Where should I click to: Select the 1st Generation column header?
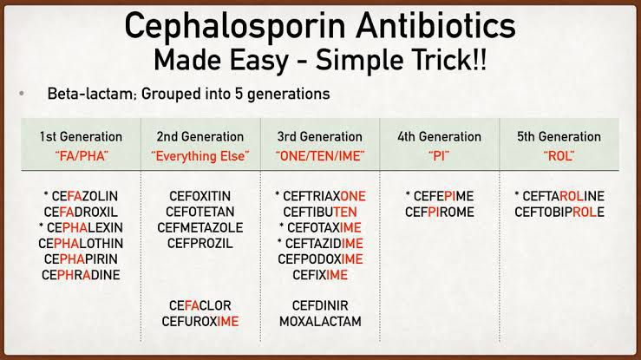tap(81, 137)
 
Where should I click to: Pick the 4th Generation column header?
tap(439, 137)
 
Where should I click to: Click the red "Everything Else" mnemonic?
tap(200, 156)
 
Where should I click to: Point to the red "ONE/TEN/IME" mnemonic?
tap(320, 156)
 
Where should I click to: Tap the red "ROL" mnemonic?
tap(559, 156)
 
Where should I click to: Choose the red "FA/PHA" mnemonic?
tap(81, 156)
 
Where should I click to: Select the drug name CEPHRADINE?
tap(81, 275)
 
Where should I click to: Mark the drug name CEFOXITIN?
tap(200, 195)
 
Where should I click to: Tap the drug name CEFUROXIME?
tap(200, 321)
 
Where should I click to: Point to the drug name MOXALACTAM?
tap(320, 321)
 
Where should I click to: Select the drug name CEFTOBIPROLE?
tap(559, 212)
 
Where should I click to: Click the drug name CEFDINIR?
tap(320, 304)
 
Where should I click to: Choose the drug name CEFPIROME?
tap(439, 212)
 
